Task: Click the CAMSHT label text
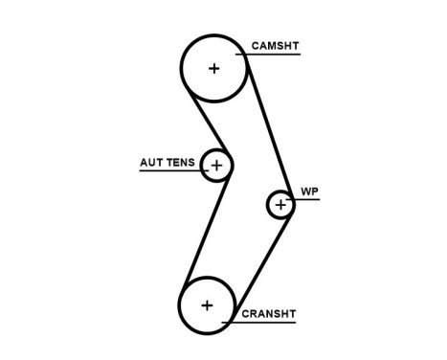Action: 274,45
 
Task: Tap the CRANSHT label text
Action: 269,312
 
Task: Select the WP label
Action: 309,191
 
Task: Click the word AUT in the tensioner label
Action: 151,162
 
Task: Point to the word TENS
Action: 181,162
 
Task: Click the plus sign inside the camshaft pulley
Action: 213,68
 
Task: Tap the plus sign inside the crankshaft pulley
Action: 207,305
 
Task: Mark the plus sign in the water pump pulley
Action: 280,204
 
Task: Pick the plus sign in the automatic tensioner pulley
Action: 216,167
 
